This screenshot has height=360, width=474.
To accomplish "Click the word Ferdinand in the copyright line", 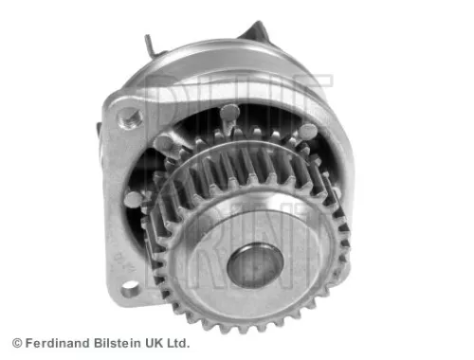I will click(x=59, y=342).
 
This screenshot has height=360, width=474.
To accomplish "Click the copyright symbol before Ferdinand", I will click(x=16, y=342).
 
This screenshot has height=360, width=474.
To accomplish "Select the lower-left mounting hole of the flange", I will click(x=127, y=290).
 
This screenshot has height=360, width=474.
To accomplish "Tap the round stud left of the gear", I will click(x=133, y=198).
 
